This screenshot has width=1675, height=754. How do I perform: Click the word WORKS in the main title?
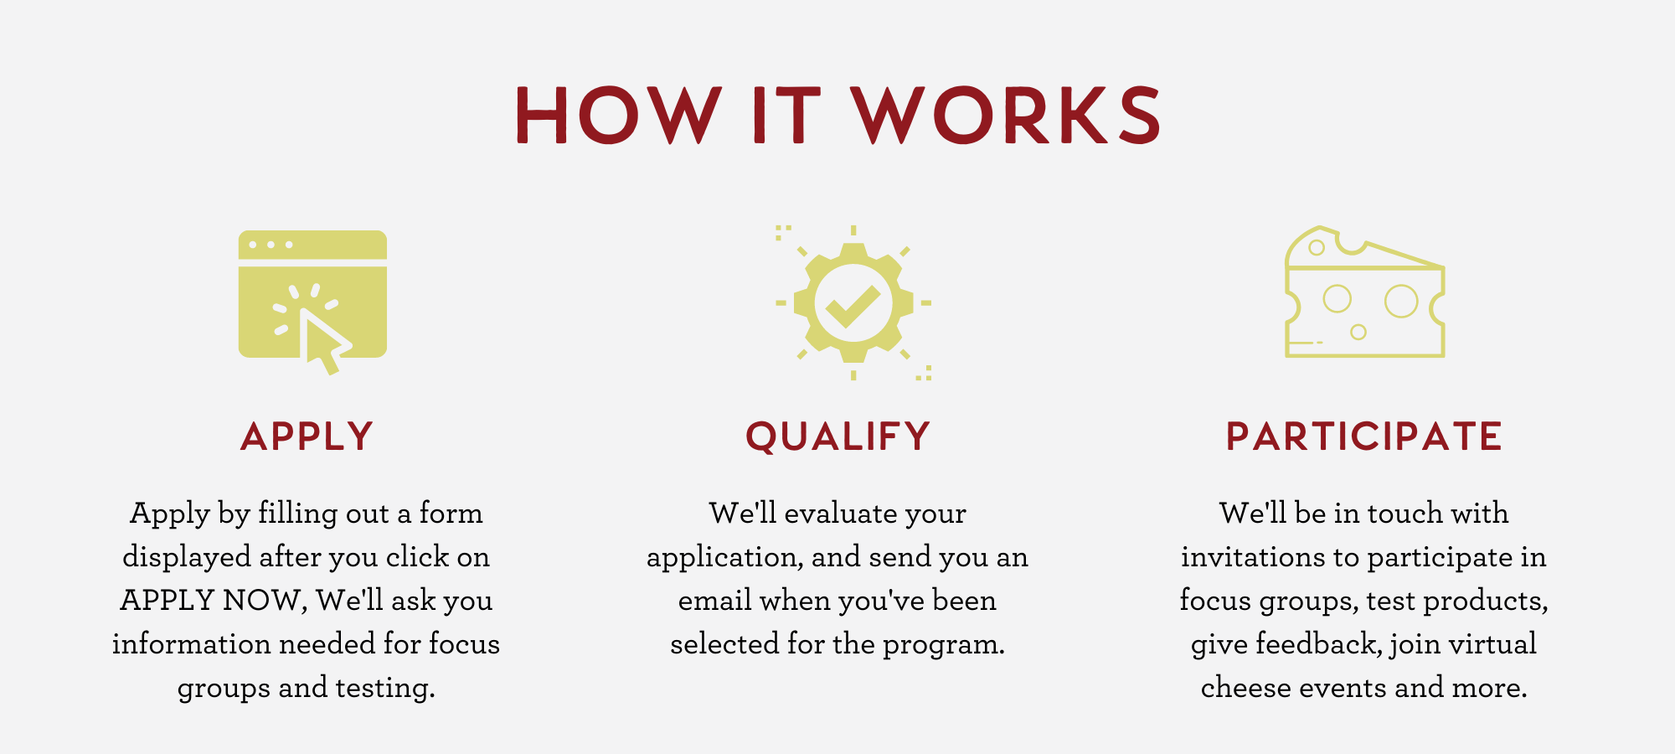(1007, 115)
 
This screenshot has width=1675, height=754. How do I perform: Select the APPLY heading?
(307, 436)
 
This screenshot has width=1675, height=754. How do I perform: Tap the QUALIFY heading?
(837, 437)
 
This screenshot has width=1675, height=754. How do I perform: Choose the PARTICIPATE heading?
(1363, 436)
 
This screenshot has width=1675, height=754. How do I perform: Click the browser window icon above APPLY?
(312, 293)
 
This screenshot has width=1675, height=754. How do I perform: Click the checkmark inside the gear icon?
(853, 306)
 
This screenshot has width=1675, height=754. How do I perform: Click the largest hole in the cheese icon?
(1401, 302)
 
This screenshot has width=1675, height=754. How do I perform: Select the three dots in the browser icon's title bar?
(271, 245)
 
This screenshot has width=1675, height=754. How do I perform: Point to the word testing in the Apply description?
(385, 688)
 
